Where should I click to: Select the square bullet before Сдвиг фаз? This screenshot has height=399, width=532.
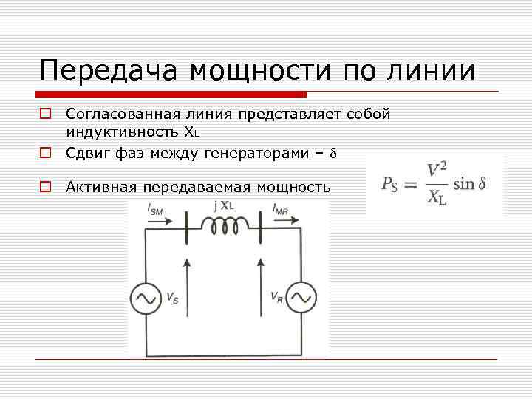click(x=45, y=153)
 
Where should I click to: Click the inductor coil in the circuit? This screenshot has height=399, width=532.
click(x=223, y=228)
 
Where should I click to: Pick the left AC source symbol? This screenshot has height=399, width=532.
click(x=146, y=298)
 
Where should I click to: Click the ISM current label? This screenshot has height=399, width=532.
click(x=156, y=211)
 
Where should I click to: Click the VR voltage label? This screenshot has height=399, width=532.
click(x=275, y=299)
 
